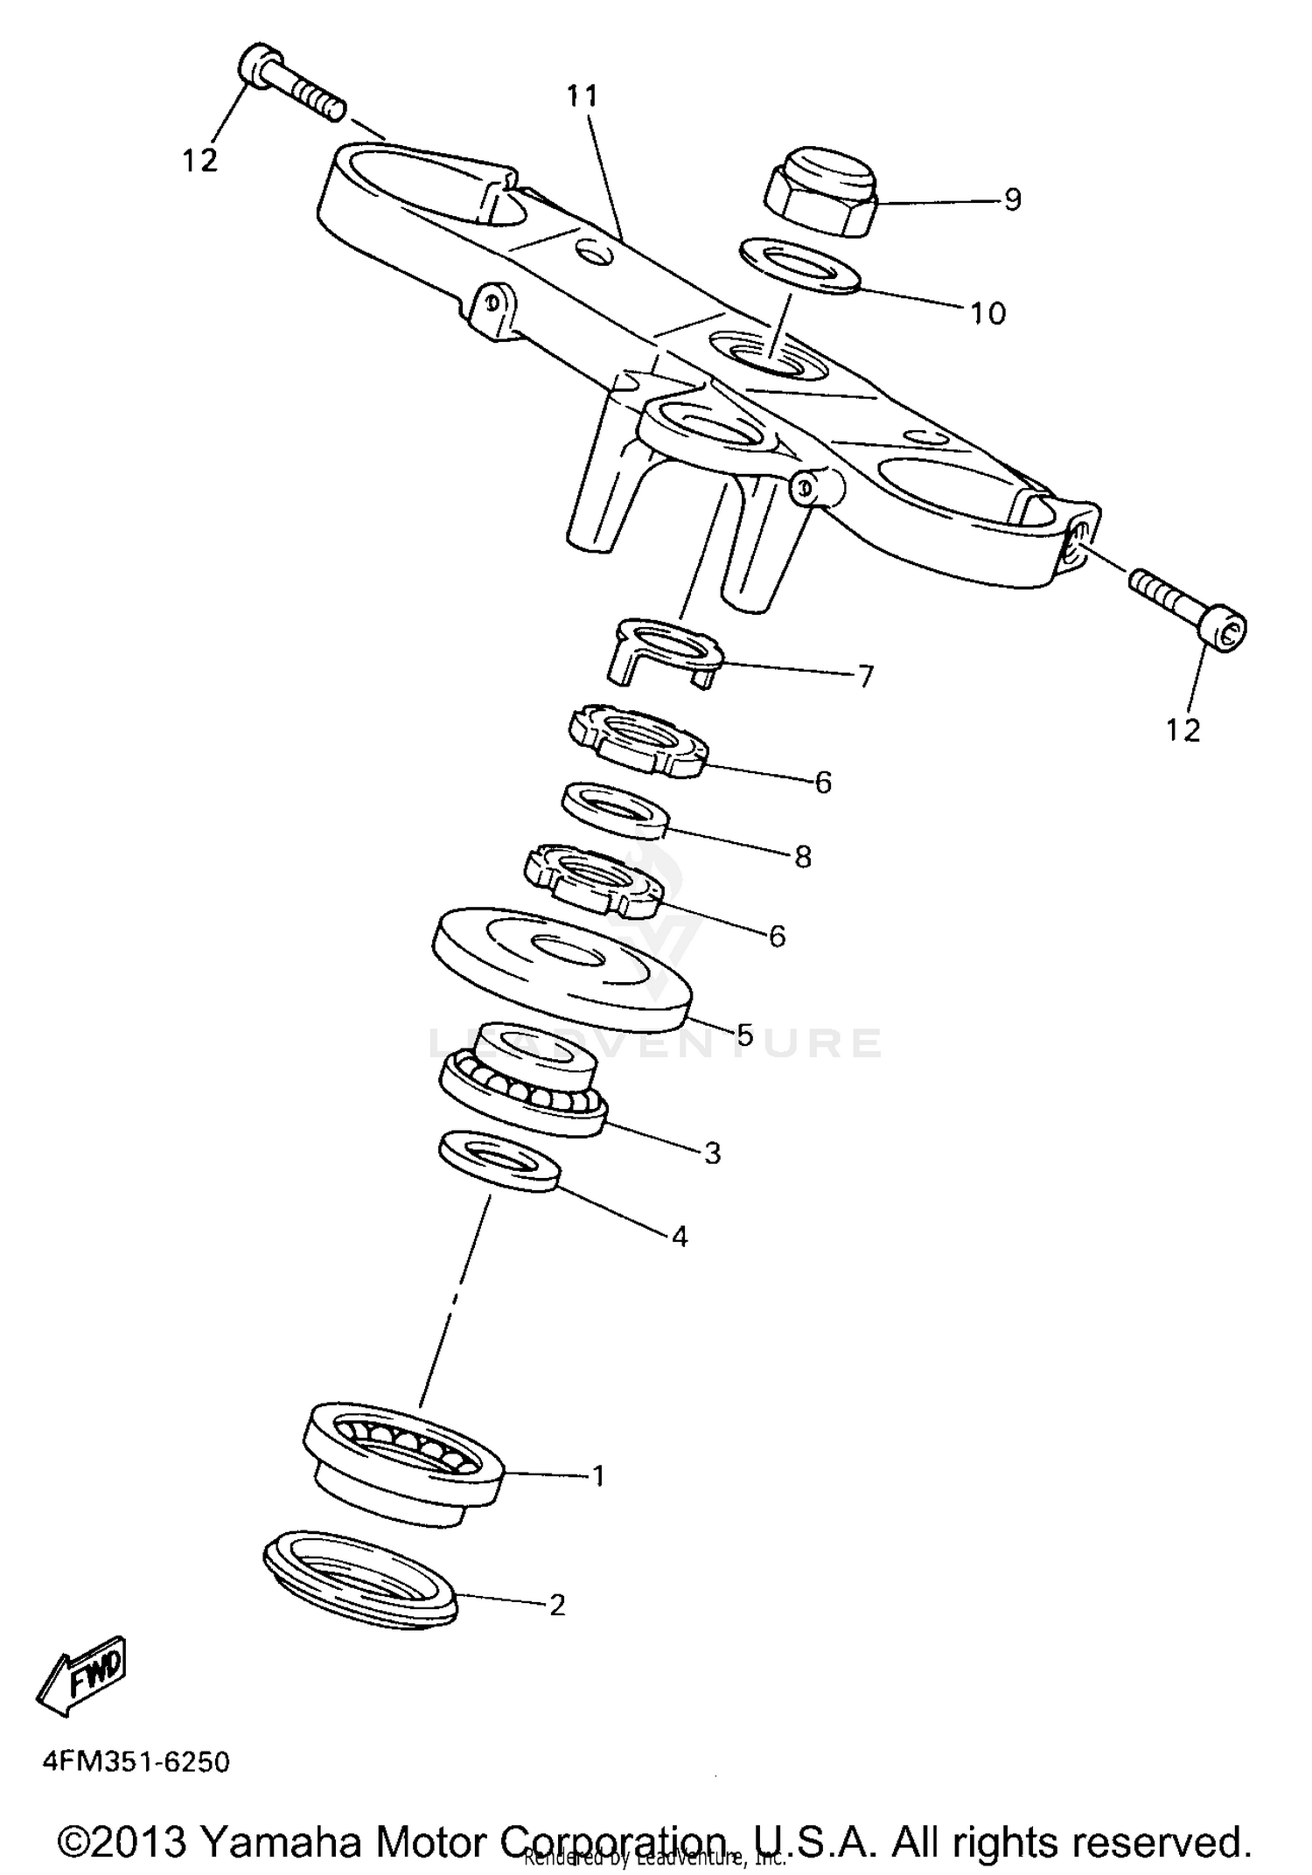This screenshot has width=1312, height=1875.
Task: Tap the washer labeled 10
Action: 800,265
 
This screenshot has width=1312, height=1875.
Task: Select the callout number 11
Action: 582,96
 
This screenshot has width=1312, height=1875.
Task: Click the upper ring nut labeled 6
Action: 639,742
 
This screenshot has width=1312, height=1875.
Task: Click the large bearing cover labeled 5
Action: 561,968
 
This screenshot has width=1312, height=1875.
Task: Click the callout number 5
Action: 743,1035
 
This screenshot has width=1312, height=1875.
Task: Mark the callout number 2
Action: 557,1605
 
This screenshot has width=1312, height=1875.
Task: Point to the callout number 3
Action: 712,1154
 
